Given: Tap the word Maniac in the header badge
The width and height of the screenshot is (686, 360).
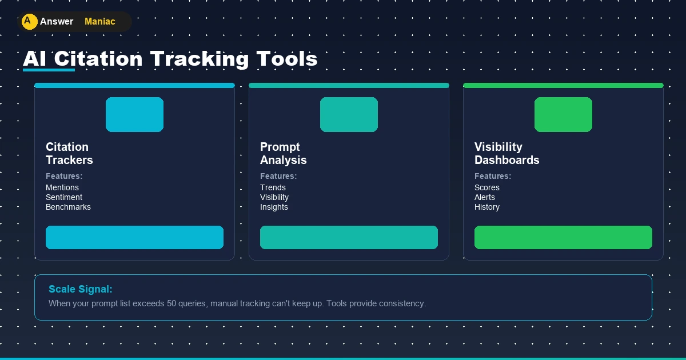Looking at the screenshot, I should pos(99,22).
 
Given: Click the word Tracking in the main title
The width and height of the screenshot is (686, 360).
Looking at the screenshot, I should pos(199,59).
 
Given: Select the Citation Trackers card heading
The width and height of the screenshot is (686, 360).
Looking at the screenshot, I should pos(69,154).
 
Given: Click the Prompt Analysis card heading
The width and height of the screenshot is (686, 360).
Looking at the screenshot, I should pos(283,154).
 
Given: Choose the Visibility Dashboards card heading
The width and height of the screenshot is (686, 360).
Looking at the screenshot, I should pos(506,154).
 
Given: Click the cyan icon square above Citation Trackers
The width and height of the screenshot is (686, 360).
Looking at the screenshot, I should pos(134,114).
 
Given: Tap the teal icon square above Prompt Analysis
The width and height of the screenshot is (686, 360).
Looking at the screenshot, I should pos(349,114).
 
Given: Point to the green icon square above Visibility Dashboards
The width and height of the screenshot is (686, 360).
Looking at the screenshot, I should pos(563,114).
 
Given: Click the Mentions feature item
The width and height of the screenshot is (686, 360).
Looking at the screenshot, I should pos(62,187).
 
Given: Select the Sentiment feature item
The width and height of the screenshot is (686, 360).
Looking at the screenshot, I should pos(64,197).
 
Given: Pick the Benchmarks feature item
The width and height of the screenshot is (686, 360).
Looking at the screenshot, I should pos(68,207).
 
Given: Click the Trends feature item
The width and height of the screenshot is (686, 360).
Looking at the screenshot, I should pos(273,187).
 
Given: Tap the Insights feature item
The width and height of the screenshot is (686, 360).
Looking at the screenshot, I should pos(274,207).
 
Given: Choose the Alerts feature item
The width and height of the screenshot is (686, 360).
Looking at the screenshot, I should pos(485,197).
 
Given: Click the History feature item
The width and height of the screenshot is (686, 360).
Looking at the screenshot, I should pos(487,207).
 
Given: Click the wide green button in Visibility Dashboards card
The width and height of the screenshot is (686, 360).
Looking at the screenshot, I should pos(563,237).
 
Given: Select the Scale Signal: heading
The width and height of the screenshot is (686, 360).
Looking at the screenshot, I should pos(81,289).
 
